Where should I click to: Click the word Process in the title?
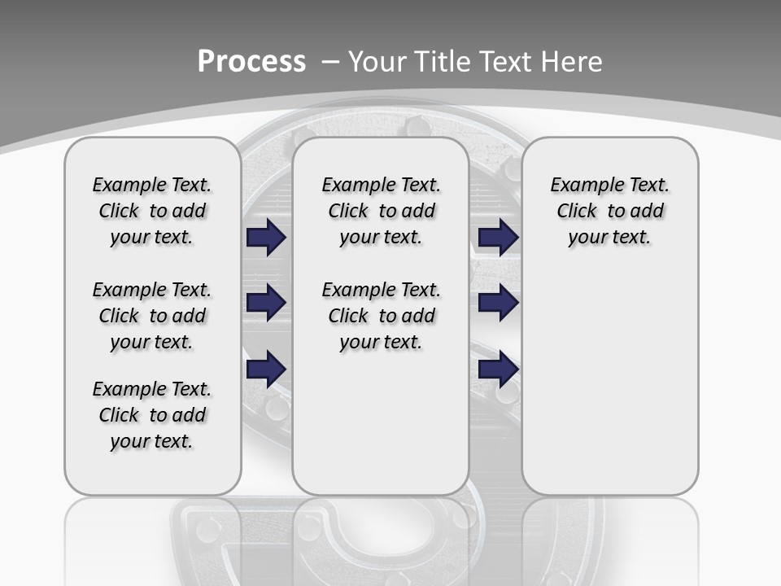pos(251,62)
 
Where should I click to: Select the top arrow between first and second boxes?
pos(266,238)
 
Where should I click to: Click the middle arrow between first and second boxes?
pos(266,303)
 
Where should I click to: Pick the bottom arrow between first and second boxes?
pos(266,369)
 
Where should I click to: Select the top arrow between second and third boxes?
pos(498,238)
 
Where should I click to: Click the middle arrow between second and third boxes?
pos(498,303)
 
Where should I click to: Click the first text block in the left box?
pos(152,211)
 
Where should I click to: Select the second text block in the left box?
pos(152,316)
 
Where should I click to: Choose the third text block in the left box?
pos(152,415)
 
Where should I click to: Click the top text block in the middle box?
pos(381,211)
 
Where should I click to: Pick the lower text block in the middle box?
pos(381,316)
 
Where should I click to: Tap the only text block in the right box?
pos(609,211)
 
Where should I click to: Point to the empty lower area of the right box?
pos(609,383)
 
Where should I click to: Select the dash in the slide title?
pos(330,62)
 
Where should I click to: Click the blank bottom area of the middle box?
pos(381,431)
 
